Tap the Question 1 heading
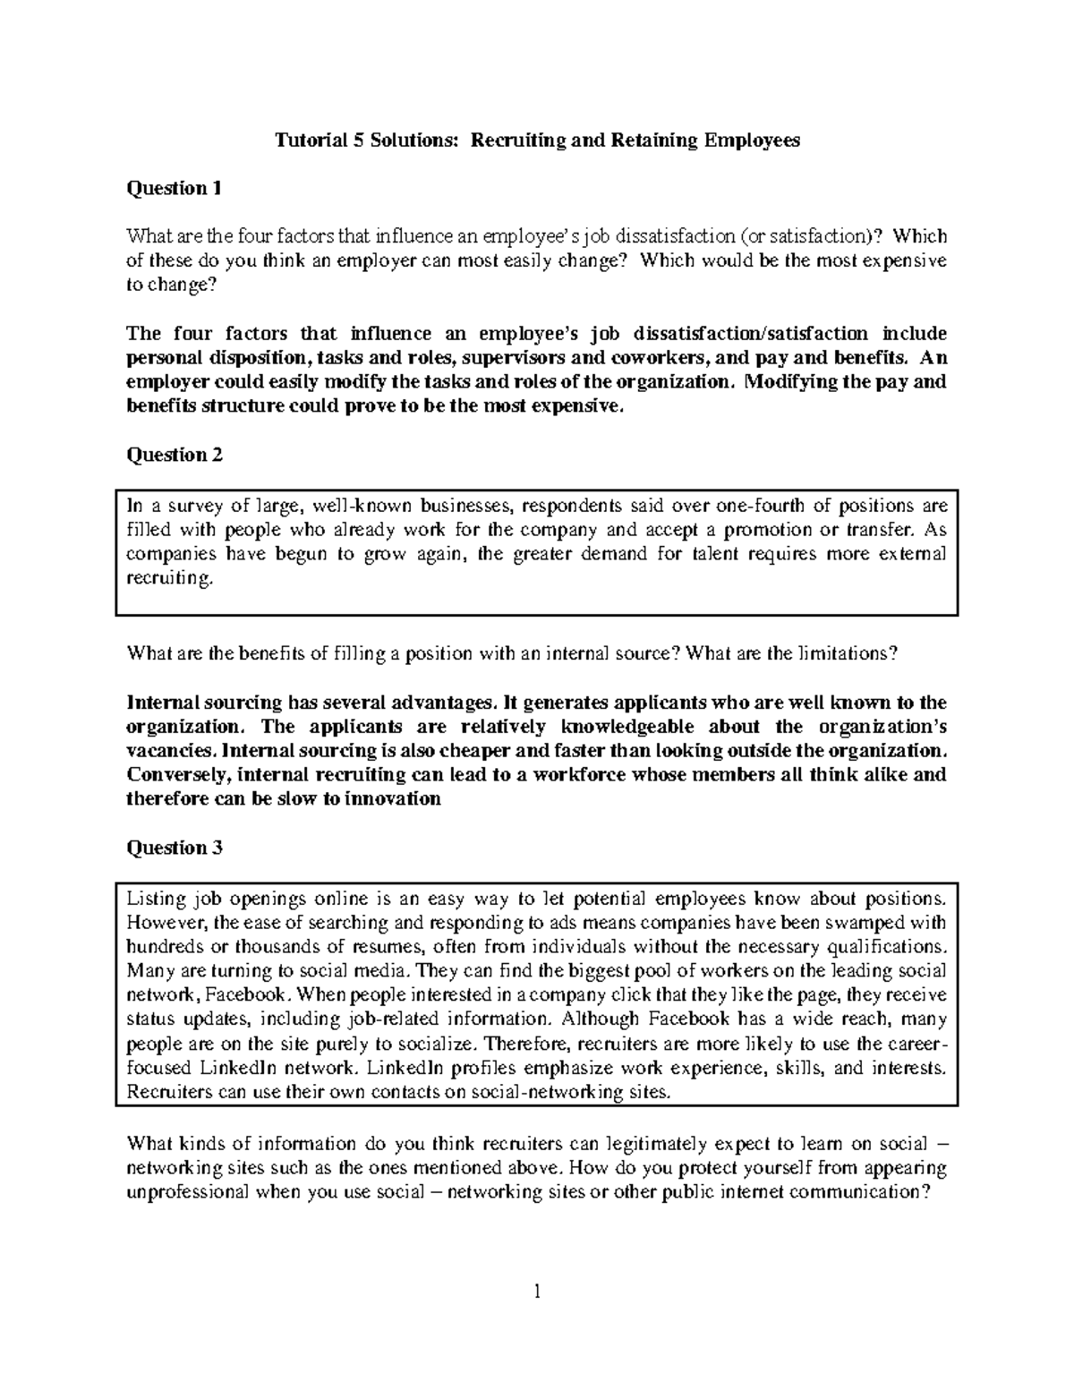[x=174, y=188]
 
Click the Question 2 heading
[x=175, y=455]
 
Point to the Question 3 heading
[x=175, y=848]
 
